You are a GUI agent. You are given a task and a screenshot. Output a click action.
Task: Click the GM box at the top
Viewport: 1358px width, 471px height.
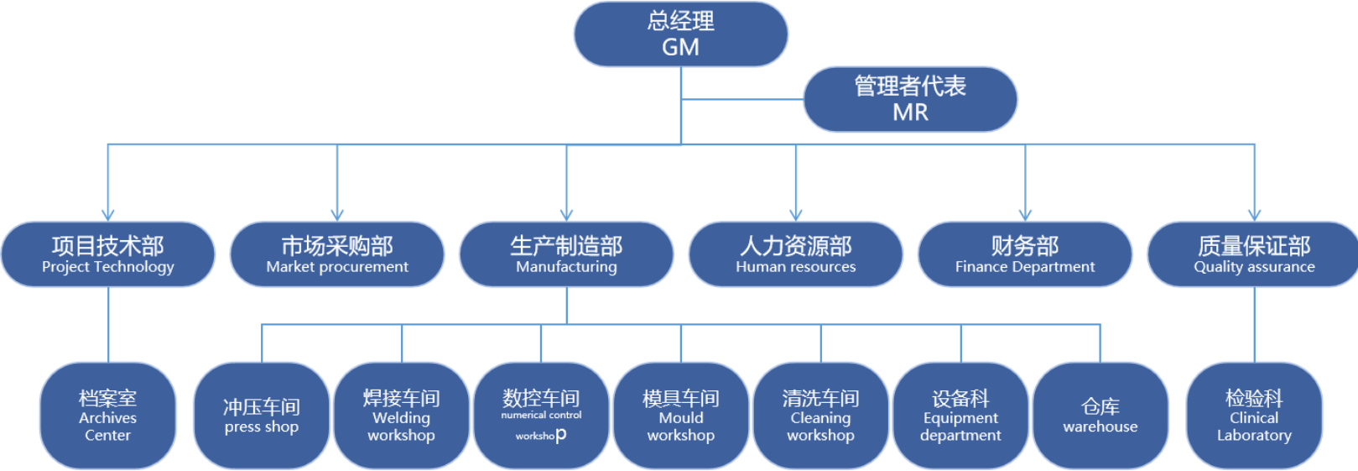tap(680, 34)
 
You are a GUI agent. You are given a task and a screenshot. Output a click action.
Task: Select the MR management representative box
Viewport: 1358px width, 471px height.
tap(910, 99)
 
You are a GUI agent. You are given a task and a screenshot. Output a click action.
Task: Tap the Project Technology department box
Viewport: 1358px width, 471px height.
tap(108, 254)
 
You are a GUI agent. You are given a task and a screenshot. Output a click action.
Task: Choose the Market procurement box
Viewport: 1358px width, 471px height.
tap(337, 254)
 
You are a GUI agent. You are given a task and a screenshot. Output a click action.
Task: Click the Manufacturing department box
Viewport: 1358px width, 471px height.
tap(566, 254)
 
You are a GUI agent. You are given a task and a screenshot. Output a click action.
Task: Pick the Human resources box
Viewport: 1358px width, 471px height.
tap(795, 254)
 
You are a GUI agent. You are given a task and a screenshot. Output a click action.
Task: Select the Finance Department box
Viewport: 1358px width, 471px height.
tap(1025, 254)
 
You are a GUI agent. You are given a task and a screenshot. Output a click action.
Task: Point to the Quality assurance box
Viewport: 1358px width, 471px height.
tap(1254, 254)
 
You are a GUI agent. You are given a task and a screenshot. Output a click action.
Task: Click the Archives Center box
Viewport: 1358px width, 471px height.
tap(108, 416)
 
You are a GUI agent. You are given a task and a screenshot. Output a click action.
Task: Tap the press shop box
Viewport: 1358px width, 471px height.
tap(262, 416)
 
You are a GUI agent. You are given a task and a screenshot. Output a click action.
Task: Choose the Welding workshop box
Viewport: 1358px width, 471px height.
tap(401, 416)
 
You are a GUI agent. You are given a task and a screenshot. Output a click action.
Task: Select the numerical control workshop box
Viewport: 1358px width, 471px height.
tap(541, 416)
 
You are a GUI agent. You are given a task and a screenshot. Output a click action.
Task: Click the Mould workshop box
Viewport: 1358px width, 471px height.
tap(681, 416)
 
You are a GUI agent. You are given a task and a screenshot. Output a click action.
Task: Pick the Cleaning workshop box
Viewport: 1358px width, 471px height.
tap(820, 416)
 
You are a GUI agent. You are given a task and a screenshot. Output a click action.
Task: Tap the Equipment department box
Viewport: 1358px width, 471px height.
tap(960, 416)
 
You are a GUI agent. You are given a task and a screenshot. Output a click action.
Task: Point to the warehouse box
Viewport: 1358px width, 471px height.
tap(1100, 416)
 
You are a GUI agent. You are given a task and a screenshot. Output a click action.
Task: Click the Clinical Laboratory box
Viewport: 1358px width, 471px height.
tap(1254, 416)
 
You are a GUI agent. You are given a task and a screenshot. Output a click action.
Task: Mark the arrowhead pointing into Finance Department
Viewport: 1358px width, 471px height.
tap(1025, 215)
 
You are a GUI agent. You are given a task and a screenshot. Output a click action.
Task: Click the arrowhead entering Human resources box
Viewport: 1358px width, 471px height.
tap(796, 215)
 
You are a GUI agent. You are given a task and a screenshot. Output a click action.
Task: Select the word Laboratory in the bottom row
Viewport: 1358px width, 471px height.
tap(1254, 436)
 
